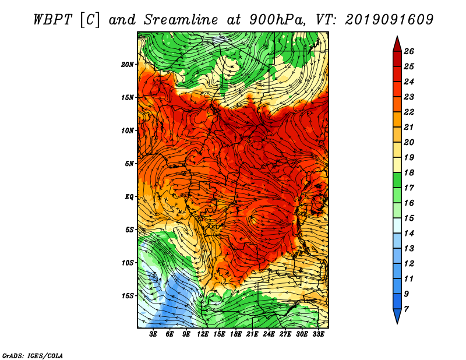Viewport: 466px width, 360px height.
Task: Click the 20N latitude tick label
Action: [128, 65]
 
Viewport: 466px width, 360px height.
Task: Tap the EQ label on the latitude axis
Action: [129, 197]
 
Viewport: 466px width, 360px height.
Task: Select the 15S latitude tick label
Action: [128, 296]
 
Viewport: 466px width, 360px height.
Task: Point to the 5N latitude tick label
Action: [129, 164]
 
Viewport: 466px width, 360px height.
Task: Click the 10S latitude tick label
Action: [128, 263]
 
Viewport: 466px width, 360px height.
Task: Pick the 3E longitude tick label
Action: [153, 334]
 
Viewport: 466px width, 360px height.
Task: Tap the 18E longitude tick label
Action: [236, 334]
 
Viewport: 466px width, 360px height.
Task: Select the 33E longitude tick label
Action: [318, 334]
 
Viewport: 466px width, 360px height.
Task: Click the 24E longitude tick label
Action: [269, 334]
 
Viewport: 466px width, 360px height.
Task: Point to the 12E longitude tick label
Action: [203, 334]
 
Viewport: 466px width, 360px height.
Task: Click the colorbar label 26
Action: [409, 51]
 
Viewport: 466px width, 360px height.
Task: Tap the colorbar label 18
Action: [409, 172]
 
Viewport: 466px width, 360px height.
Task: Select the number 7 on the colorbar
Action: [406, 309]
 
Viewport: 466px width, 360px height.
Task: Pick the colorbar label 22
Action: [409, 112]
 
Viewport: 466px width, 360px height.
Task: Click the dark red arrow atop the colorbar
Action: [397, 44]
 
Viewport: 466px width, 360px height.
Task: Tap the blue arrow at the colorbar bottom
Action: [397, 316]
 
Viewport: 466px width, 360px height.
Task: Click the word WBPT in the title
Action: [52, 20]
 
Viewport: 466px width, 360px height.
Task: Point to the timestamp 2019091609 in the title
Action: [389, 20]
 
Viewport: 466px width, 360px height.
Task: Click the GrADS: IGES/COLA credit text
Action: [33, 355]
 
